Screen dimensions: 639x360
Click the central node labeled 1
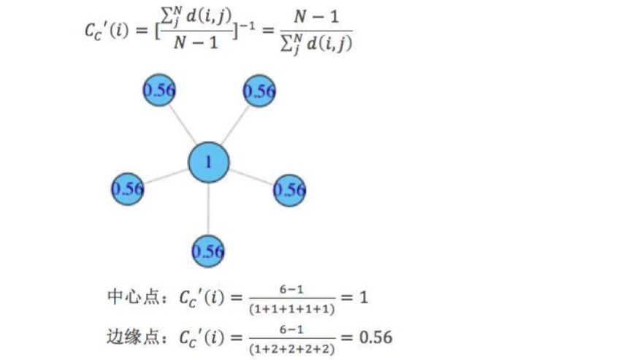click(209, 162)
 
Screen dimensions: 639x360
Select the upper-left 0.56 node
click(158, 91)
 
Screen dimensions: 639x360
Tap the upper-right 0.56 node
click(259, 91)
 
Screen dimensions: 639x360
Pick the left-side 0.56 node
click(128, 189)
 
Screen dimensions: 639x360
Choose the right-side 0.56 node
click(290, 191)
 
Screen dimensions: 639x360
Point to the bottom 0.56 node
click(208, 251)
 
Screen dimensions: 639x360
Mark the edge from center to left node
click(167, 176)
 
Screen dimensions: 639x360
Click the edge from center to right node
click(251, 177)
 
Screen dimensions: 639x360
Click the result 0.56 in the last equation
click(372, 337)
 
